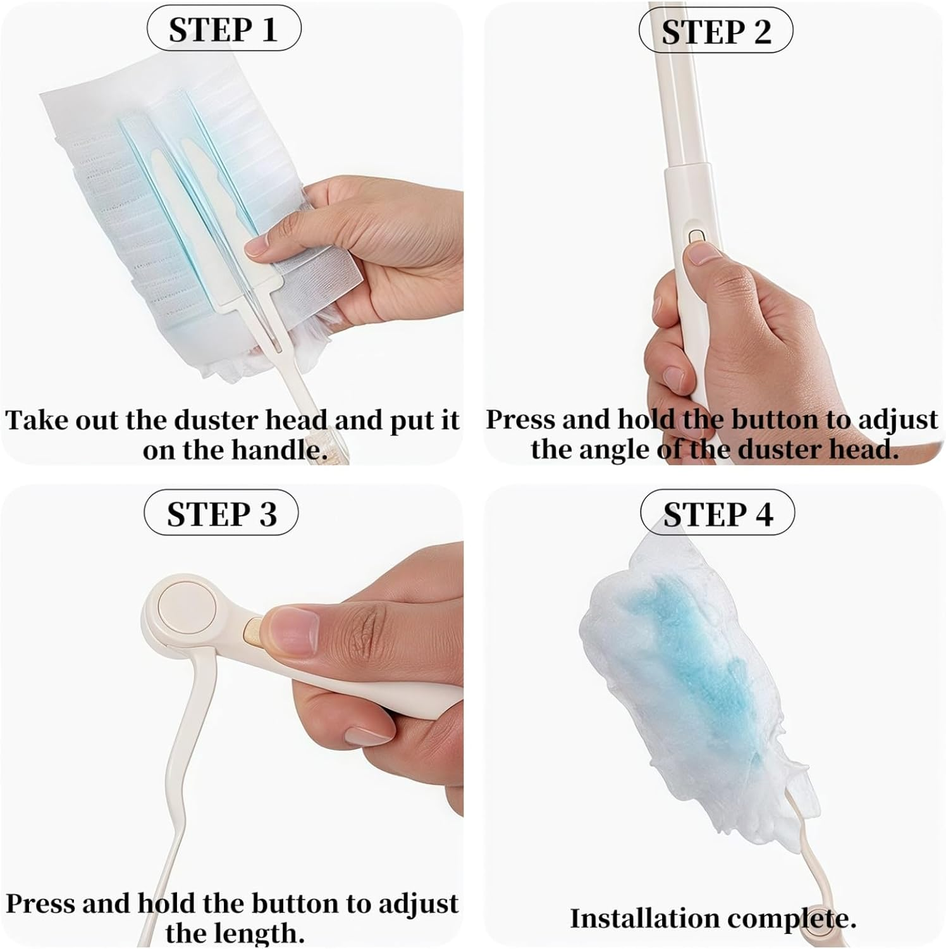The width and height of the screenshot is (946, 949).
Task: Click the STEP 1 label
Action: tap(223, 30)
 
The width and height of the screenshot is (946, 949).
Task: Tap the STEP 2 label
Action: tap(716, 31)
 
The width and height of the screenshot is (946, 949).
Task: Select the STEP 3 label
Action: tap(221, 514)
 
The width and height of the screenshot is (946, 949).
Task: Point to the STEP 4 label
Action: tap(718, 514)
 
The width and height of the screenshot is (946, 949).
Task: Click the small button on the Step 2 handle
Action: tap(696, 236)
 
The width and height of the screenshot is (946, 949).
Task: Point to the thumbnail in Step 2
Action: tap(703, 254)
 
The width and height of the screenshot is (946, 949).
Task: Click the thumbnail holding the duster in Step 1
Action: tap(261, 245)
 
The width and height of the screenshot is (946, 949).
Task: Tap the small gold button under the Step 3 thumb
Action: tap(251, 631)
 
